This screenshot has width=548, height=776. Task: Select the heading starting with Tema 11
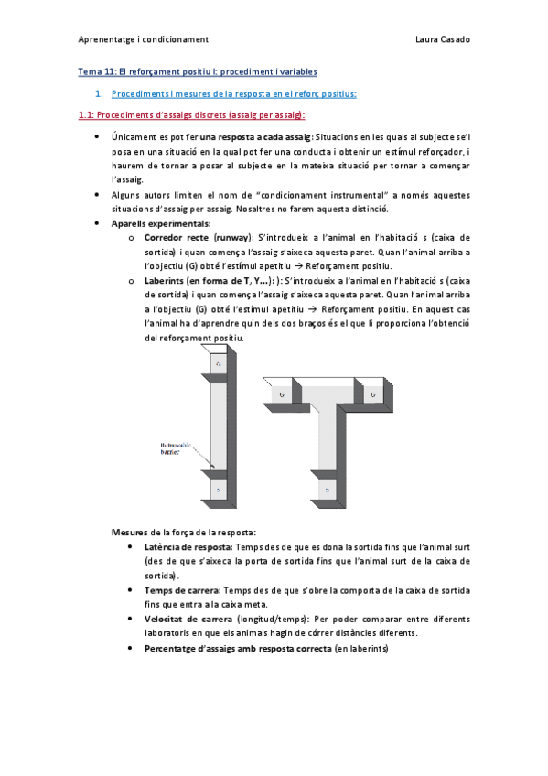(x=196, y=71)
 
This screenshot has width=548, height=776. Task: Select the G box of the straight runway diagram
(x=218, y=364)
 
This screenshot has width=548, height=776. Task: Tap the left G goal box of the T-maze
(x=282, y=394)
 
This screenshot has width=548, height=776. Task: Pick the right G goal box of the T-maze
(x=373, y=394)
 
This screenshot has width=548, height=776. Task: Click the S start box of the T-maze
(x=327, y=491)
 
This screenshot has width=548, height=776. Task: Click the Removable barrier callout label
(x=172, y=447)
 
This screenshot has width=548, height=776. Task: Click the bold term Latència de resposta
(x=181, y=546)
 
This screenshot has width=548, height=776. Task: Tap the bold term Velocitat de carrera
(x=182, y=620)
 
